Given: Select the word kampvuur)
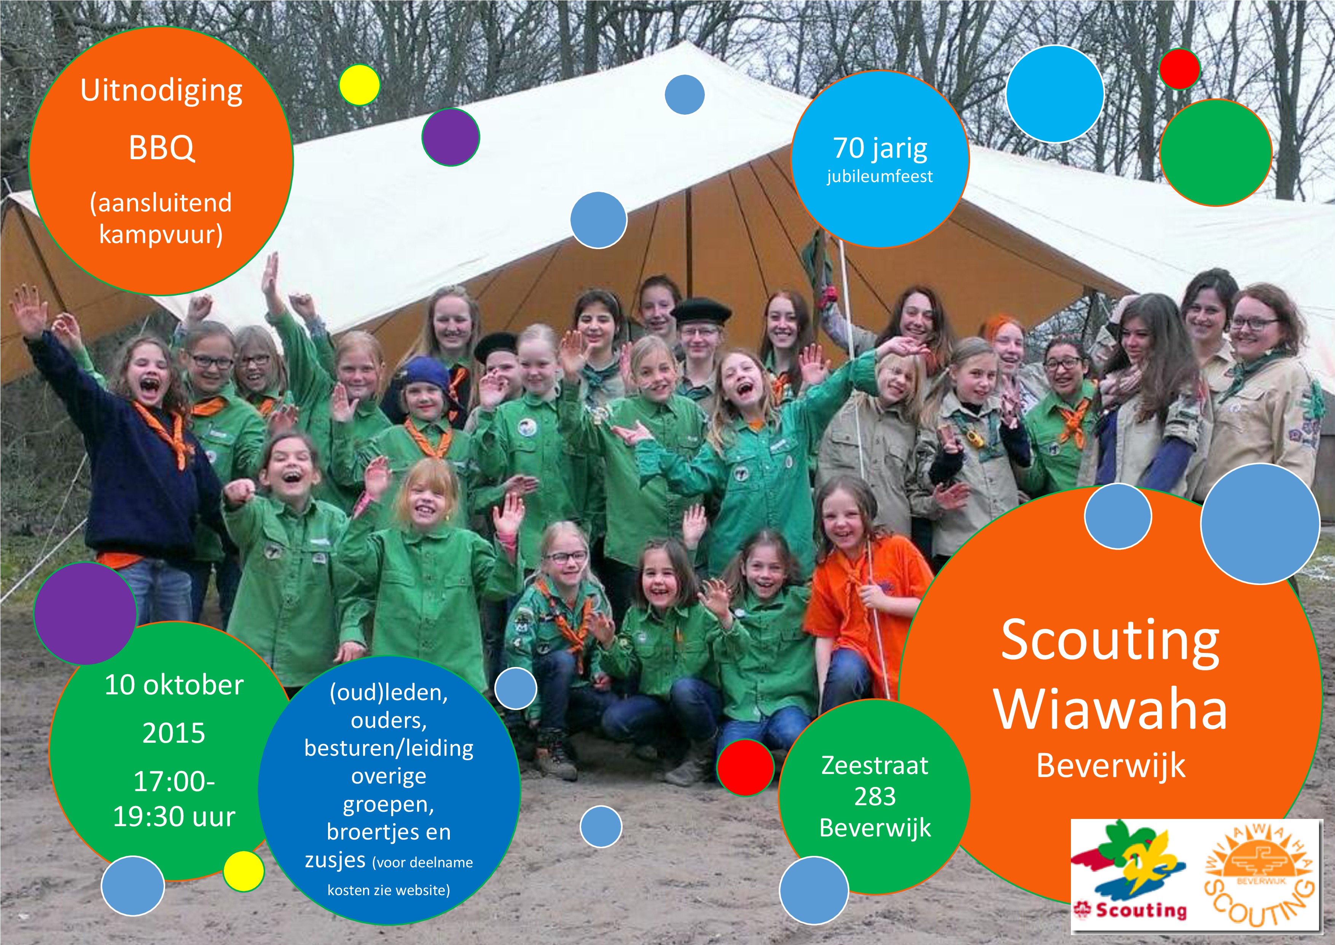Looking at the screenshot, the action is click(161, 235).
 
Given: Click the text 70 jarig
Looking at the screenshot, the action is click(880, 149).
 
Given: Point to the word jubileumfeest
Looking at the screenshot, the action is click(880, 176).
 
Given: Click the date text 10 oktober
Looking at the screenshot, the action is click(174, 686).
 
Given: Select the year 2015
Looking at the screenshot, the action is click(174, 733).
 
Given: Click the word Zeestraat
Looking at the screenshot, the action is click(875, 765).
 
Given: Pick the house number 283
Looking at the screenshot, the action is click(875, 796).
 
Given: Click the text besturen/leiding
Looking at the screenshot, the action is click(389, 748).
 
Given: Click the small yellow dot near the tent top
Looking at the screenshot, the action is click(359, 85).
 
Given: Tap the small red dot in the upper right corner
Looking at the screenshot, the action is click(1180, 69).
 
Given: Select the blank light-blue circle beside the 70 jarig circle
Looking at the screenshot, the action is click(1055, 94).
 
